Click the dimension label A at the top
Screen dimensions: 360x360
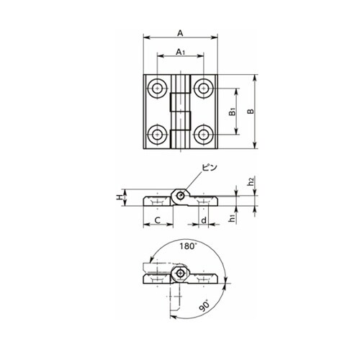[180, 33]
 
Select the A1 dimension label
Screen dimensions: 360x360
[181, 52]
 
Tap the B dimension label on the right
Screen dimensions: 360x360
[251, 112]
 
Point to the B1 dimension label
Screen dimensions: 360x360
[233, 112]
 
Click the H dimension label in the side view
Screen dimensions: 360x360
[119, 197]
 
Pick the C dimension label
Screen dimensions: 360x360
[158, 220]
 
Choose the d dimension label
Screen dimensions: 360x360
[204, 220]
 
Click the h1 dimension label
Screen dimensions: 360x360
[232, 218]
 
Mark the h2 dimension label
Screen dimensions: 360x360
[251, 181]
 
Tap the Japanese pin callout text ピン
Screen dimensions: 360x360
[210, 167]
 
